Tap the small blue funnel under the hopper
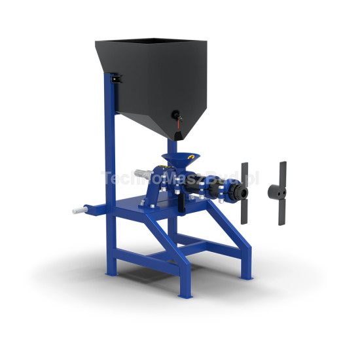[x=181, y=160]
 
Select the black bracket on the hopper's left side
[x=115, y=79]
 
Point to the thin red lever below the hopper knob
[x=181, y=124]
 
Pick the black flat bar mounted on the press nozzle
[x=245, y=192]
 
